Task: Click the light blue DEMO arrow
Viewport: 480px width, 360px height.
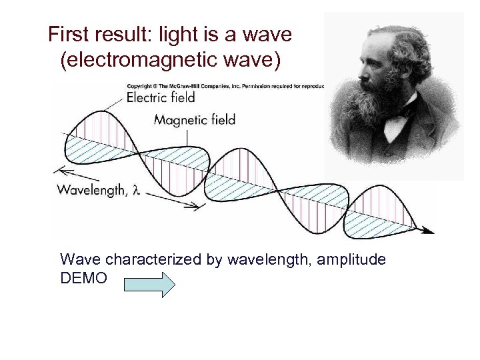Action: pos(149,285)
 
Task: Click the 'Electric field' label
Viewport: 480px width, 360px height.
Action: pos(161,97)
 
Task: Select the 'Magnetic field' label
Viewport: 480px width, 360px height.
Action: pos(195,120)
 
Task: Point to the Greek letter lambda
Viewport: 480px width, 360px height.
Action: pos(136,191)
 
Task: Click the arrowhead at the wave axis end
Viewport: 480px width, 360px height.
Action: pos(428,231)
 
